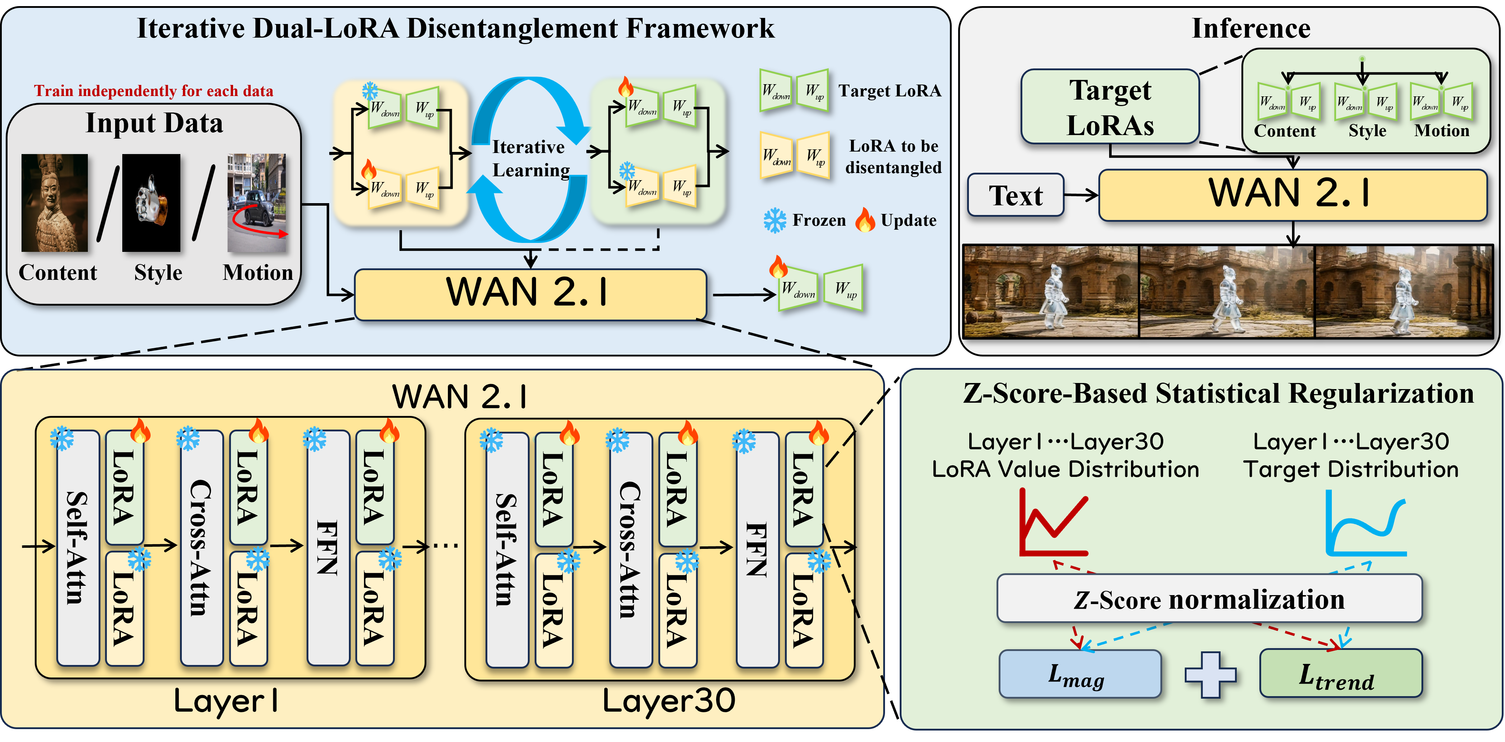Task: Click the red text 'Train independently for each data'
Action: tap(153, 91)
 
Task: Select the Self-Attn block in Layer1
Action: tap(78, 547)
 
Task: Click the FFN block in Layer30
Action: tap(757, 549)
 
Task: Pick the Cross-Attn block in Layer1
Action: tap(202, 547)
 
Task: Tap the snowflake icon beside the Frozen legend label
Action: tap(775, 221)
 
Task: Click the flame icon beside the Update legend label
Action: tap(865, 220)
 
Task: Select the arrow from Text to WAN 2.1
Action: tap(1081, 195)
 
